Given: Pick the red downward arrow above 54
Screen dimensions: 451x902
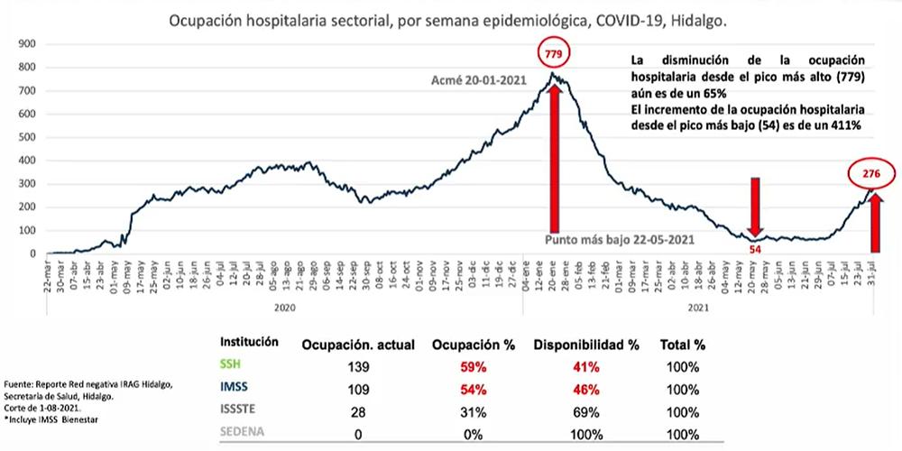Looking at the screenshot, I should (x=755, y=207).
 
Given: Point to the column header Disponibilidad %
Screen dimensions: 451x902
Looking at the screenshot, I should (x=582, y=345).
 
